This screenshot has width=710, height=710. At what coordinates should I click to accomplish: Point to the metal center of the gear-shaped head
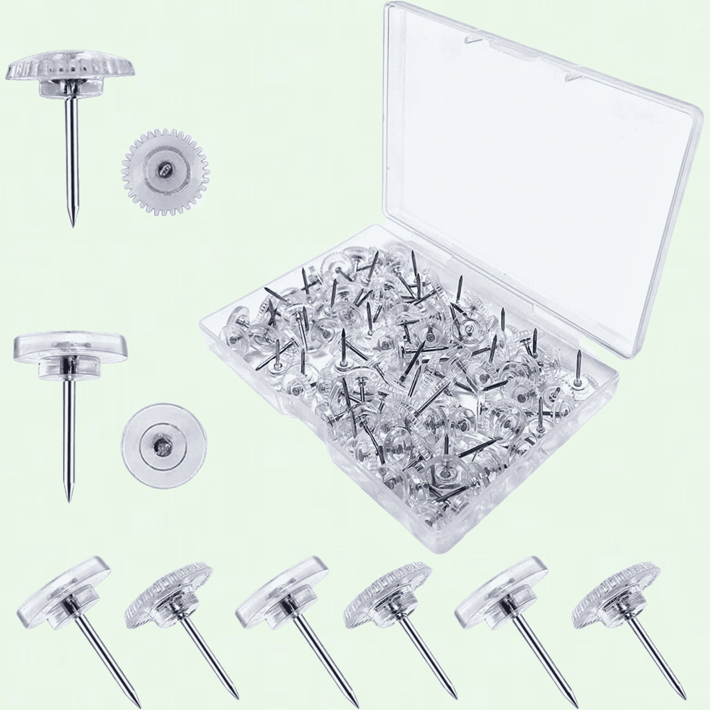(164, 167)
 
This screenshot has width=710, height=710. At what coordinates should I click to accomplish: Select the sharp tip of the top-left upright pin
(73, 225)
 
